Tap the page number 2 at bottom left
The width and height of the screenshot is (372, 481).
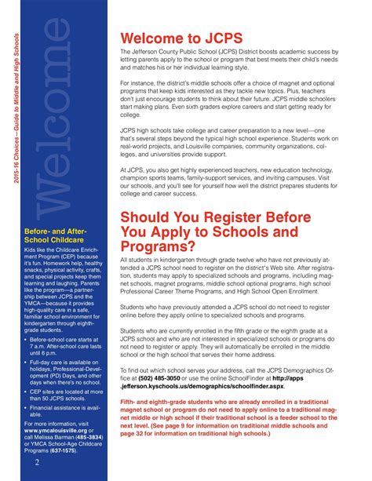pyautogui.click(x=37, y=462)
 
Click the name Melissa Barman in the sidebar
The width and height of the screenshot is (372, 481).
pyautogui.click(x=67, y=437)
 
